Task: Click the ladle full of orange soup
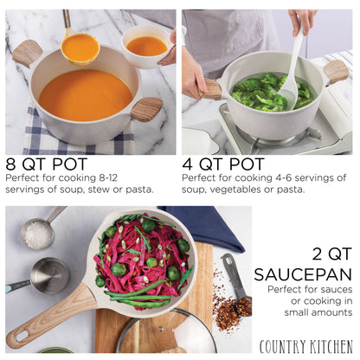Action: click(80, 48)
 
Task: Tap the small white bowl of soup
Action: click(146, 42)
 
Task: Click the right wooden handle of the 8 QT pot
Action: click(146, 110)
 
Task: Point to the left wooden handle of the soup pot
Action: click(27, 53)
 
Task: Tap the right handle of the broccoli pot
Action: click(337, 70)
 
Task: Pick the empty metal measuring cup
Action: click(48, 275)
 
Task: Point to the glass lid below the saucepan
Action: click(164, 333)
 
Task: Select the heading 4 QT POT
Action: click(223, 164)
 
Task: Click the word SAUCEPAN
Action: click(304, 274)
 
